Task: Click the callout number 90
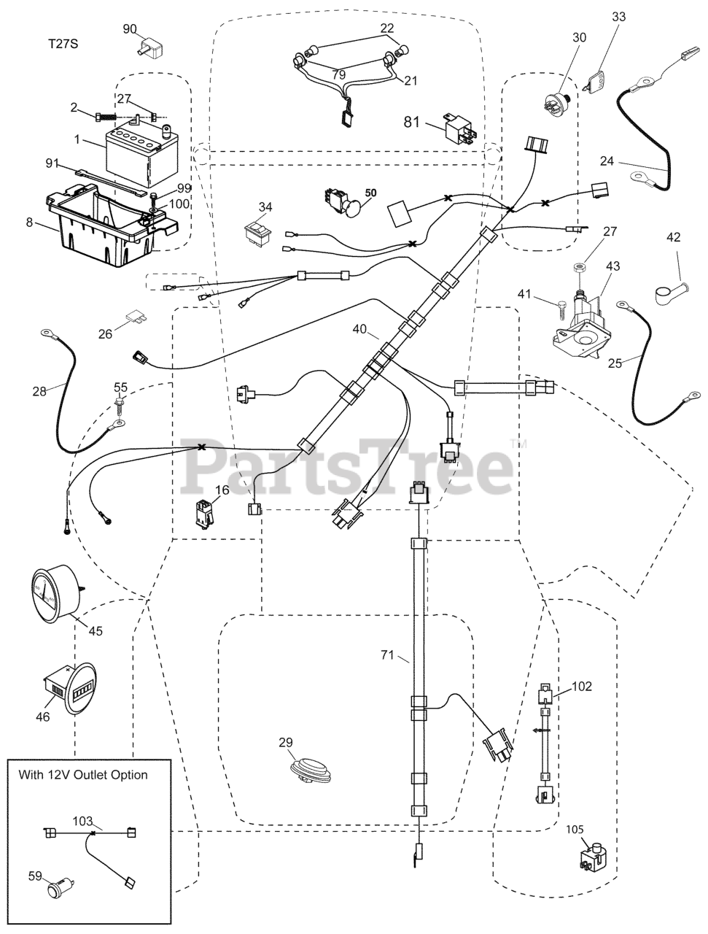pyautogui.click(x=129, y=28)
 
